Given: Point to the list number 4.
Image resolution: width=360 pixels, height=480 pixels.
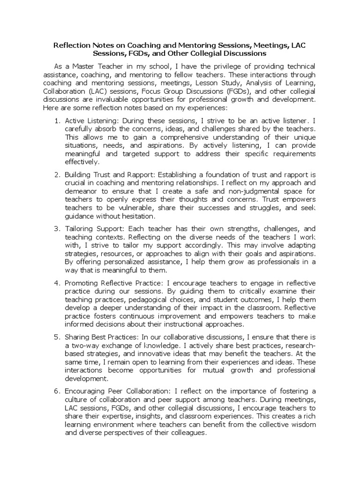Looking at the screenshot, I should (57, 283).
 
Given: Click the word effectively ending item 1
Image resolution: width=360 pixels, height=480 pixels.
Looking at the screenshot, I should (82, 163).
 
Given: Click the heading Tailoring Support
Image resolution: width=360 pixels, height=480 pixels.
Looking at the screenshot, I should (94, 229).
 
